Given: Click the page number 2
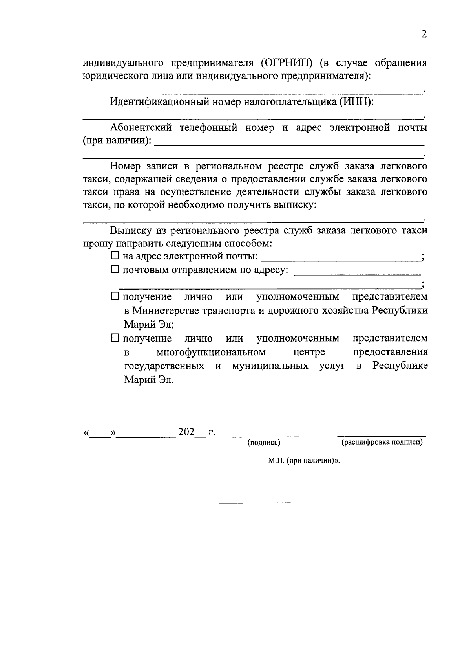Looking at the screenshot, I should (x=423, y=35).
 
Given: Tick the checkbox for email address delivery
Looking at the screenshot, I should (x=115, y=256).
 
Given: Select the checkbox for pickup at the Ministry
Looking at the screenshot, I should (x=115, y=296).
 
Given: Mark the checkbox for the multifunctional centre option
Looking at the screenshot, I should (x=115, y=338).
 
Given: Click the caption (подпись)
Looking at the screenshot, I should (x=264, y=443).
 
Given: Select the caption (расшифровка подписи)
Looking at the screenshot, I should (x=382, y=443).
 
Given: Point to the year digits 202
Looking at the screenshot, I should (x=186, y=432).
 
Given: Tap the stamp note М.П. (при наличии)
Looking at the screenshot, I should (x=303, y=461).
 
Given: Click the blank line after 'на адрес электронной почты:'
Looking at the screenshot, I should (x=341, y=260).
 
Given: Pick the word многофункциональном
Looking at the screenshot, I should (x=210, y=351).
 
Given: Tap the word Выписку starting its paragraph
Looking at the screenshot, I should (x=130, y=230).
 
